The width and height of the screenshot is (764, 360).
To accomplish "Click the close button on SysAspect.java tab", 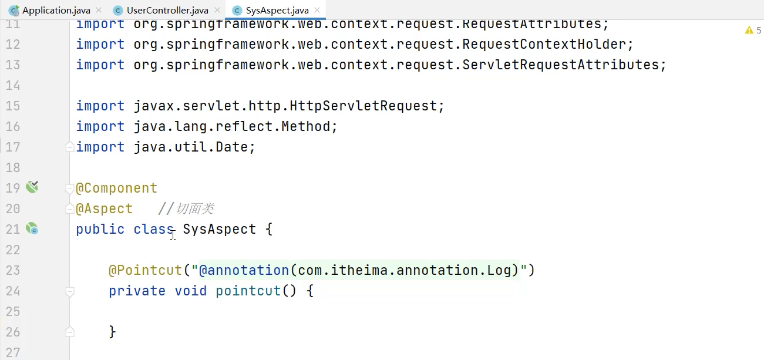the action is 318,11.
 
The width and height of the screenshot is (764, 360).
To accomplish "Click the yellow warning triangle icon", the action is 749,30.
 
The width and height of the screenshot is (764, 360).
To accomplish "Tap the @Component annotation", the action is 117,188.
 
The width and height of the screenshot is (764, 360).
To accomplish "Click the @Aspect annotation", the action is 105,208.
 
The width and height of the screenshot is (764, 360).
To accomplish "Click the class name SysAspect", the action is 219,229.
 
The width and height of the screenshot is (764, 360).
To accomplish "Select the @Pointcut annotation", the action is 145,270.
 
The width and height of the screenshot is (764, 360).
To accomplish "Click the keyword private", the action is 137,291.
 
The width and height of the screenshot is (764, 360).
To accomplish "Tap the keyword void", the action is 190,291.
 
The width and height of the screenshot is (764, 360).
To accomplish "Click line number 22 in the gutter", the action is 13,250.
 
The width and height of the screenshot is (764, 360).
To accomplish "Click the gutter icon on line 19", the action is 32,187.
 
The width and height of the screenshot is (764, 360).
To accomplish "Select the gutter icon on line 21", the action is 32,228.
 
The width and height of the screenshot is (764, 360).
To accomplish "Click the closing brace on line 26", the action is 112,332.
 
